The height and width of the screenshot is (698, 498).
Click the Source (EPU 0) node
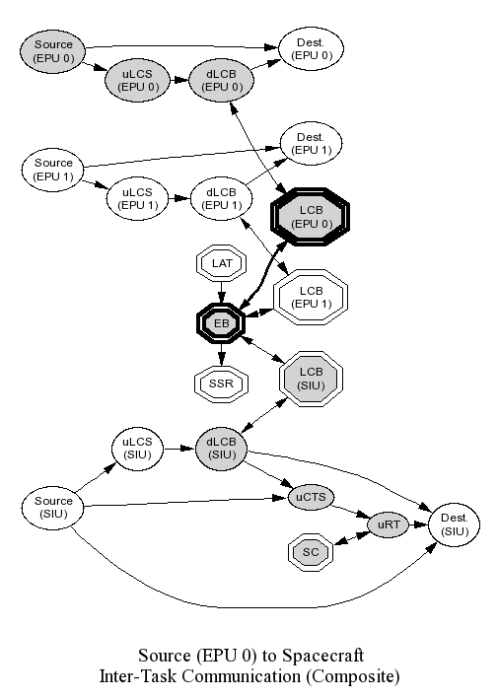coord(53,51)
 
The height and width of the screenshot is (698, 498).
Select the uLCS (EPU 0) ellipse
coord(138,81)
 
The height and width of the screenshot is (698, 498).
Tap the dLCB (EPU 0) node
coord(221,81)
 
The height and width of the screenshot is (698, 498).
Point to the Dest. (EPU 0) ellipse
coord(311,49)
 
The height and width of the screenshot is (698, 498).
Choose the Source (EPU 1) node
coord(53,170)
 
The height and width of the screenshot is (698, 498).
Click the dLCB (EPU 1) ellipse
coord(221,199)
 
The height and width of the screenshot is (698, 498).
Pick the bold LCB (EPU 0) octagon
coord(311,217)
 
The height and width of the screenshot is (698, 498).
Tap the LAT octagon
coord(221,263)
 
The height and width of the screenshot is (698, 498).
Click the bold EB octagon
coord(221,323)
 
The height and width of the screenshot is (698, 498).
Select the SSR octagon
coord(221,384)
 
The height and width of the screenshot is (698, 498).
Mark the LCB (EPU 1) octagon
coord(311,298)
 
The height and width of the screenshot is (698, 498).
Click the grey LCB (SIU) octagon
coord(311,379)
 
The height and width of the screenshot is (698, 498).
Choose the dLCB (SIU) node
coord(221,449)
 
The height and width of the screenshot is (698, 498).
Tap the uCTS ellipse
coord(311,497)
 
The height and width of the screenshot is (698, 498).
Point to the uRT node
coord(389,524)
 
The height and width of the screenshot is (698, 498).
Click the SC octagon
coord(311,552)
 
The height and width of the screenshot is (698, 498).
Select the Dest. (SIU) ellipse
coord(455,524)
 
